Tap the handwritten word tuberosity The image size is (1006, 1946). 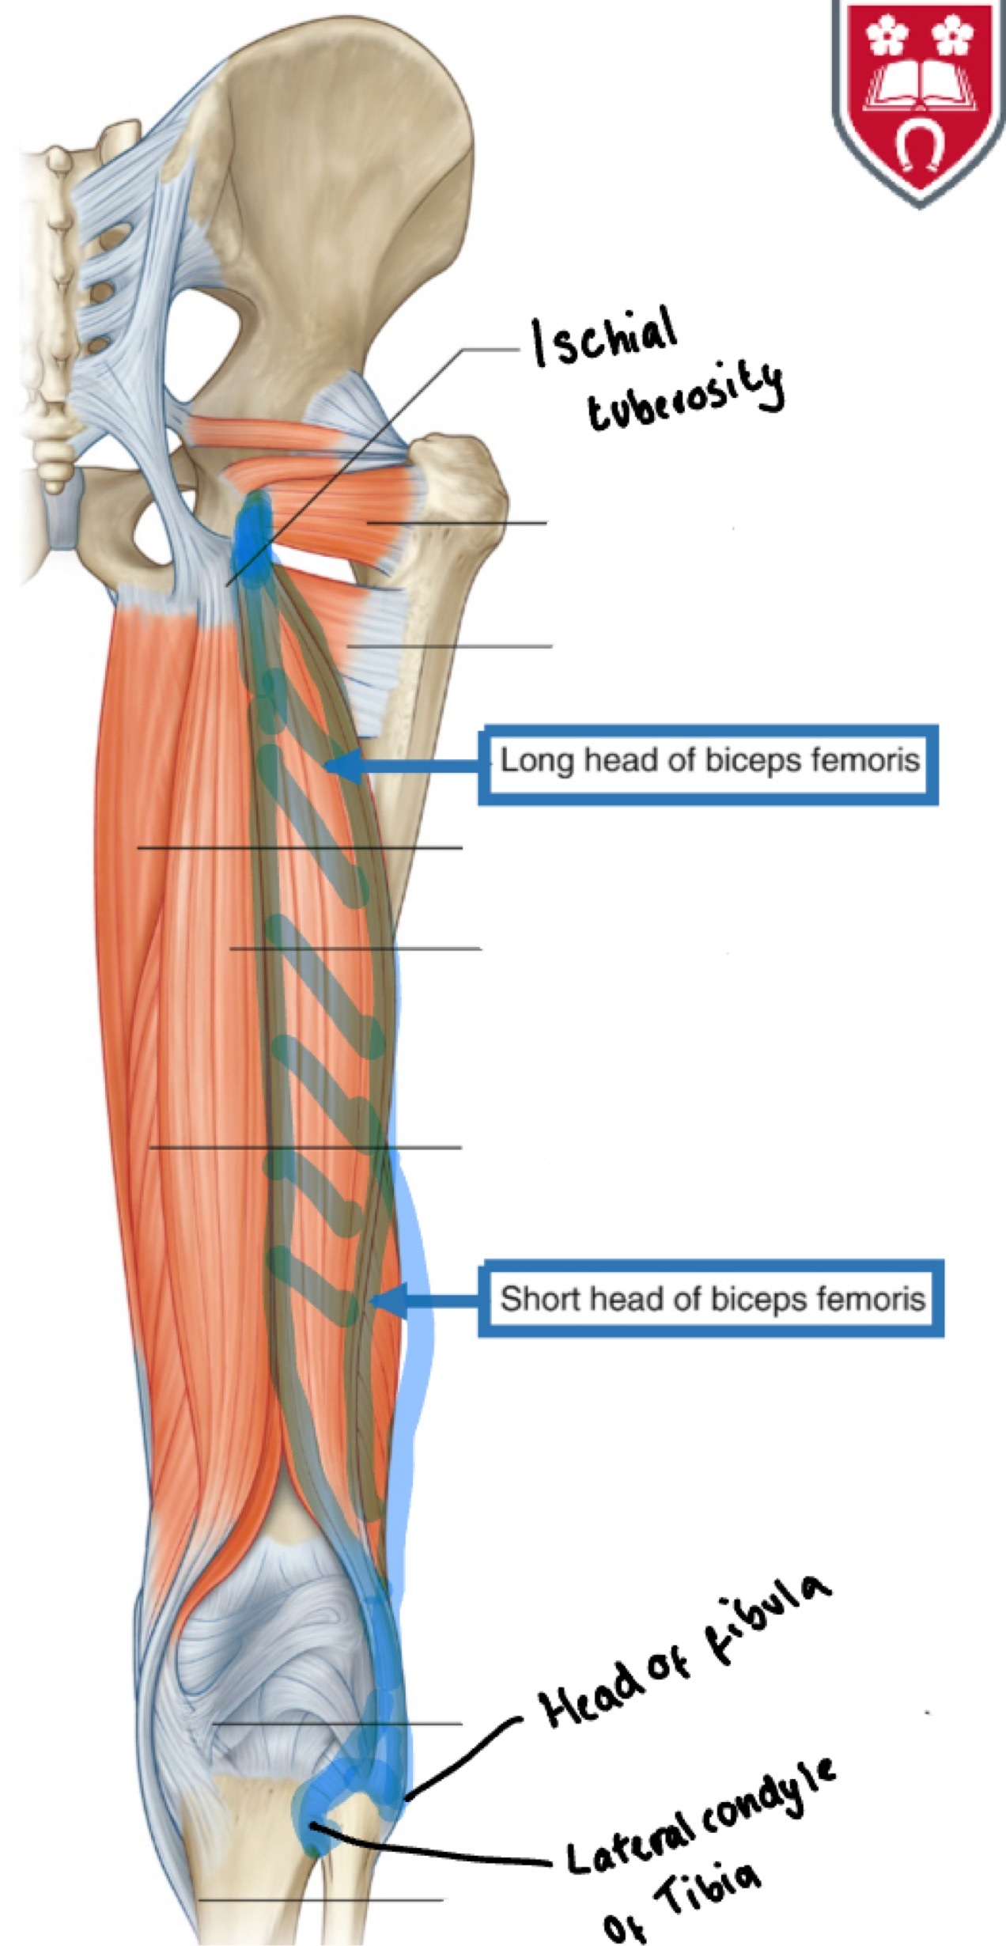pyautogui.click(x=685, y=398)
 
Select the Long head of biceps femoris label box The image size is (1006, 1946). pyautogui.click(x=708, y=763)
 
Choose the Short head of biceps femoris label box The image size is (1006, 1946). pyautogui.click(x=710, y=1298)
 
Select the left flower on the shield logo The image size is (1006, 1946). pyautogui.click(x=885, y=33)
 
